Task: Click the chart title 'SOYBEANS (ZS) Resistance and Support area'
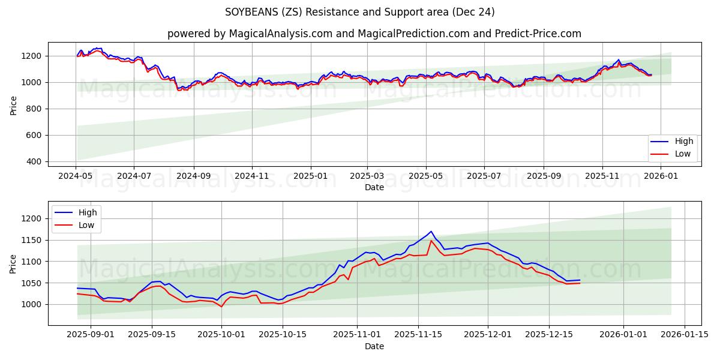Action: (x=360, y=12)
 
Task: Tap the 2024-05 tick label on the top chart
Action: (x=76, y=176)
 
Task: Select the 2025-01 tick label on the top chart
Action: (x=310, y=176)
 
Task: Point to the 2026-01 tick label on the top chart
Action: (x=661, y=176)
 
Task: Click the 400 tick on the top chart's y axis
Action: (x=35, y=161)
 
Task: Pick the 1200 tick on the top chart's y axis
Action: (x=33, y=56)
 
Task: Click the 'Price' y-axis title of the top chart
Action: (x=13, y=105)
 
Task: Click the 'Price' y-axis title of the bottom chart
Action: (x=13, y=263)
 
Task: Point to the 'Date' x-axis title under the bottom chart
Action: (x=374, y=346)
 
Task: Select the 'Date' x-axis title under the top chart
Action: (x=374, y=187)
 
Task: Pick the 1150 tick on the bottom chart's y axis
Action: (x=33, y=240)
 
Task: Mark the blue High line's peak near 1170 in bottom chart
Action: (x=431, y=232)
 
